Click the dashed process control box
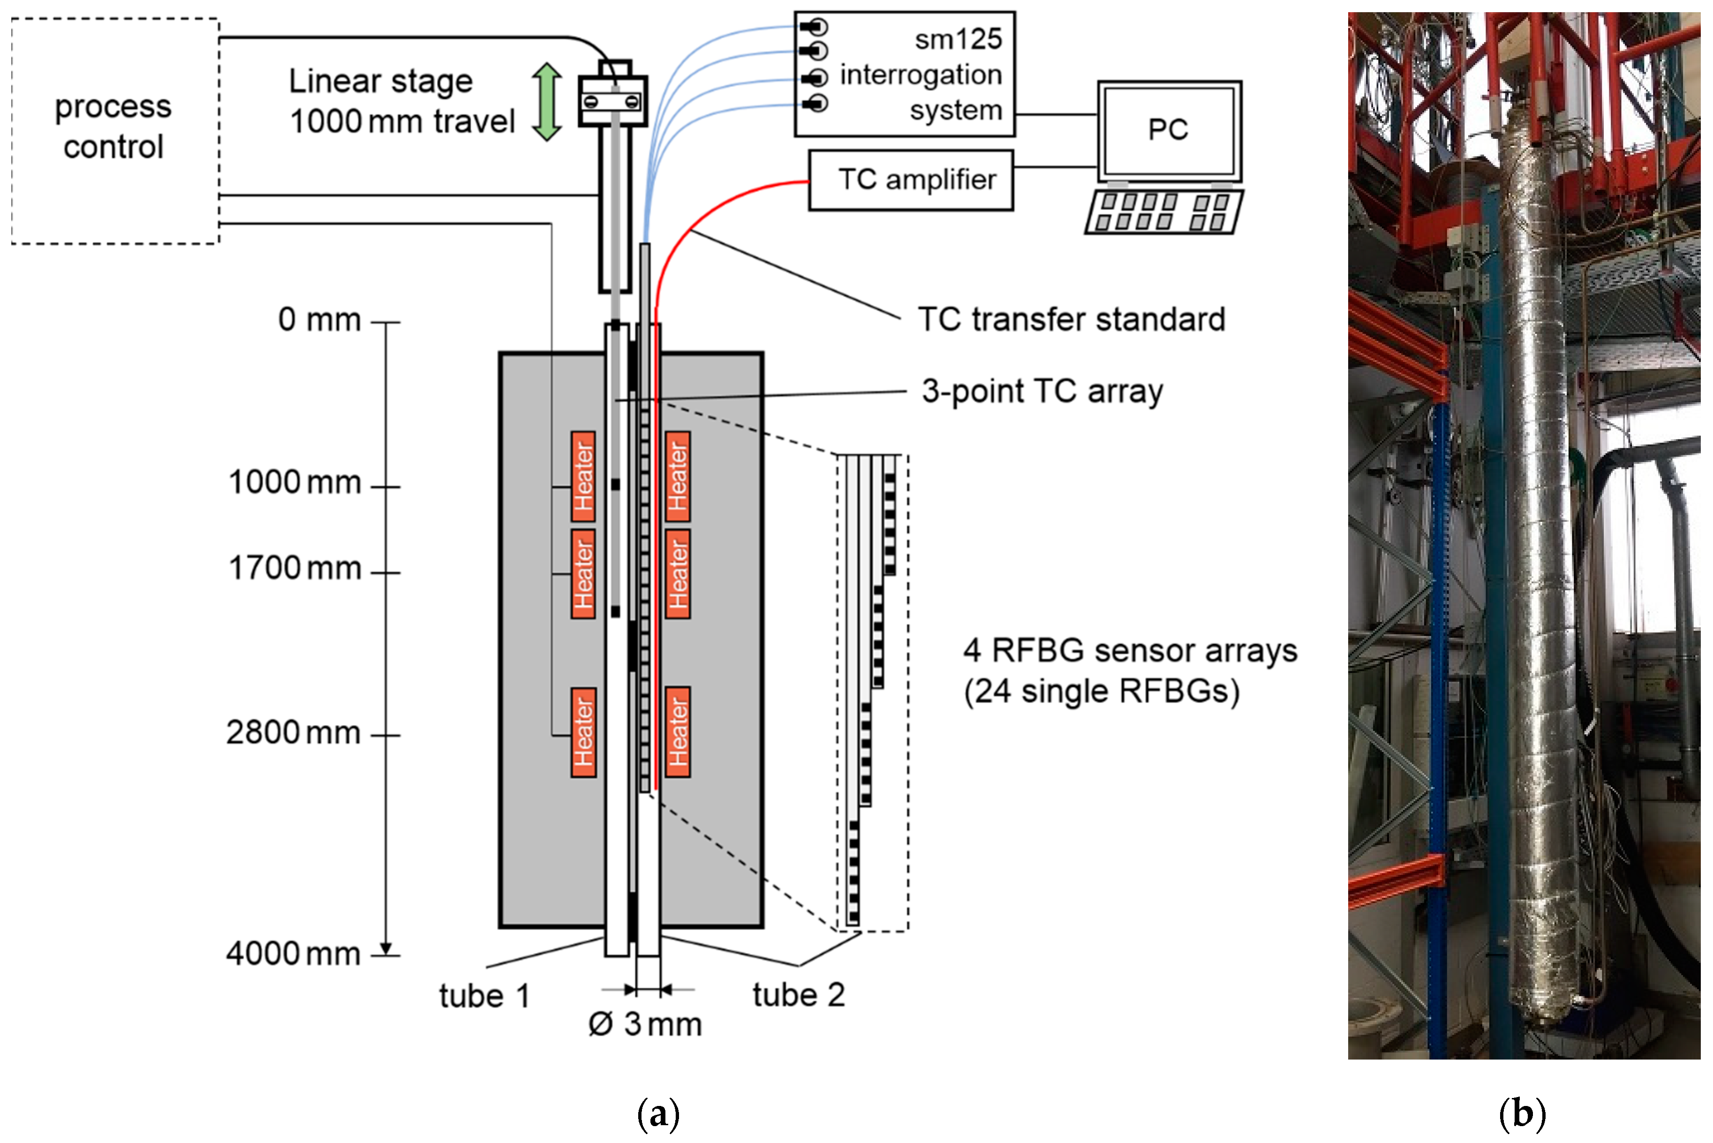115,131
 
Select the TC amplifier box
911,180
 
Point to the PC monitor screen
1169,130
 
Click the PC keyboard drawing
1164,212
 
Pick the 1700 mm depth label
294,569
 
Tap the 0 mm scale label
319,320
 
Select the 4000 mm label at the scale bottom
293,954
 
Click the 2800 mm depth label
293,733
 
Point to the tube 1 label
484,996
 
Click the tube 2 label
799,996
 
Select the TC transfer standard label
1072,320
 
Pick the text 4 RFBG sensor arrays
1130,651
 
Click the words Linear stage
380,82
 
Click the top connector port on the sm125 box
814,28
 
